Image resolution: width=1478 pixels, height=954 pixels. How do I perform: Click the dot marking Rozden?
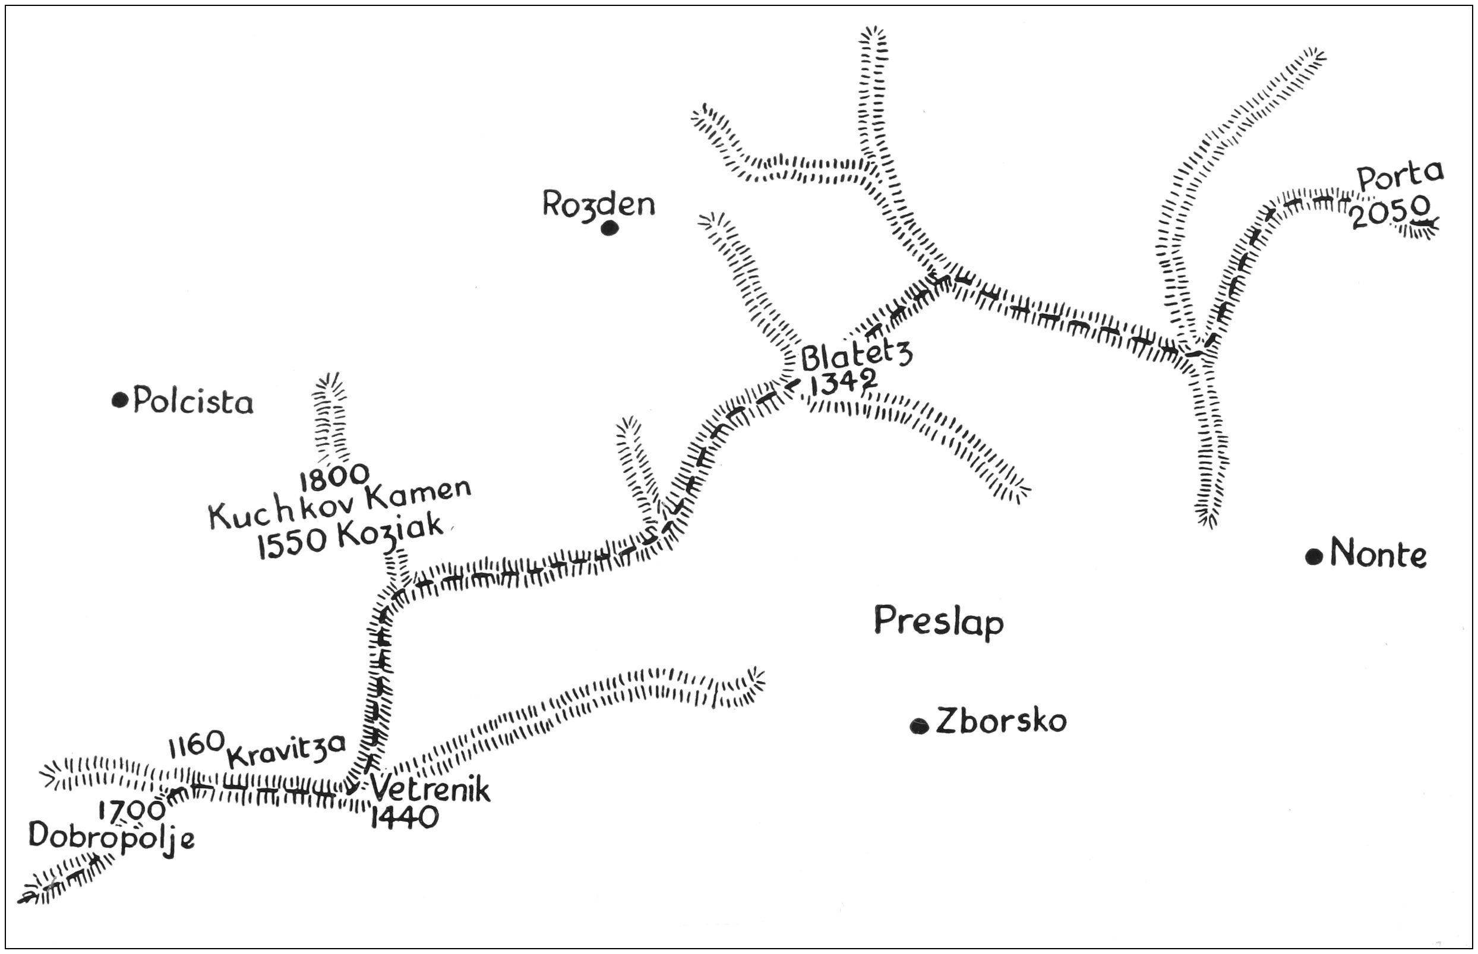(609, 229)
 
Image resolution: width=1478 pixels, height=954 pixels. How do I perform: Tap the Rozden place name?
(598, 204)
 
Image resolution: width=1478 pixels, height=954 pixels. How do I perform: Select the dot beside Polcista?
(120, 400)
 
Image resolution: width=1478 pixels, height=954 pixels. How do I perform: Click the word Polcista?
(193, 402)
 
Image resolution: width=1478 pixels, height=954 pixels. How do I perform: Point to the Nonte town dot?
(1314, 557)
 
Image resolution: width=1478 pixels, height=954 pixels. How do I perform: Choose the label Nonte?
(1378, 553)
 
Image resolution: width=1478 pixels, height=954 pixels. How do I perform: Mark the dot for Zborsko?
(919, 725)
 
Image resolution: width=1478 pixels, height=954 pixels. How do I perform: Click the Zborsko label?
(1001, 721)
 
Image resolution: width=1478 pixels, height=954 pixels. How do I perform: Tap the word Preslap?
(939, 622)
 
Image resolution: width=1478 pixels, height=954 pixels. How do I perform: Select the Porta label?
(1400, 176)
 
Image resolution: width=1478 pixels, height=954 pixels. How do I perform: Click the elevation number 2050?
(1390, 212)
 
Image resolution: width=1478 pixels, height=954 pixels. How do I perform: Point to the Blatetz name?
(857, 356)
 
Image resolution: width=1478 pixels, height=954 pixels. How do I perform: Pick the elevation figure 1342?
(844, 382)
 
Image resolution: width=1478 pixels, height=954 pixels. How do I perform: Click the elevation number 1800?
(334, 476)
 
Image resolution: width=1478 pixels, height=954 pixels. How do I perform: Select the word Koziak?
(391, 533)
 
